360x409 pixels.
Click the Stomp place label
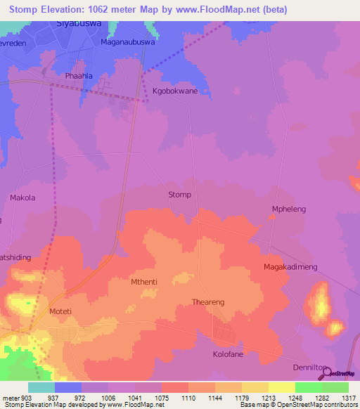click(180, 195)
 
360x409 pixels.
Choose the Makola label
click(22, 198)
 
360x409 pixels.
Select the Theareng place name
click(208, 302)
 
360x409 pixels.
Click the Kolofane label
click(228, 354)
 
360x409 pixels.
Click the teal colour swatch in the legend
click(41, 387)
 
